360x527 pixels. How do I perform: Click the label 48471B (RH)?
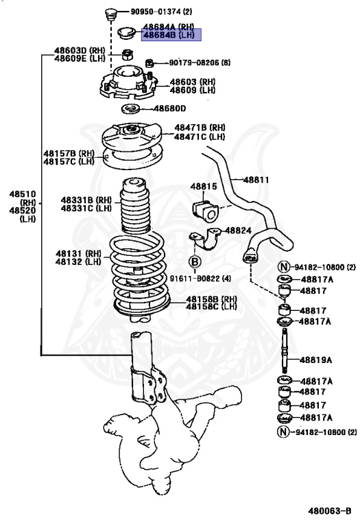pyautogui.click(x=199, y=128)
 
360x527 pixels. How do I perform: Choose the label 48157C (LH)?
pyautogui.click(x=69, y=161)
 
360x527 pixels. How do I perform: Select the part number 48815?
pyautogui.click(x=203, y=186)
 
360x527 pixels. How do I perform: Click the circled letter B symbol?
pyautogui.click(x=195, y=261)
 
